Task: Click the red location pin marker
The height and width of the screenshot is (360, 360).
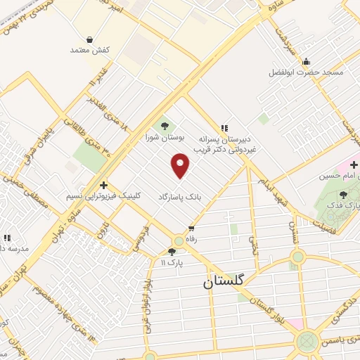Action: coord(181,166)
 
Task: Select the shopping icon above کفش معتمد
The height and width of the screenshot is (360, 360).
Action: coord(89,39)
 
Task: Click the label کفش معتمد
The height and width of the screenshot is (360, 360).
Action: coord(87,51)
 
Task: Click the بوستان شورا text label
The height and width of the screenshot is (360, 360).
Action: coord(164,139)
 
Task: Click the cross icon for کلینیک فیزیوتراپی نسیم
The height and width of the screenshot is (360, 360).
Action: coord(103,184)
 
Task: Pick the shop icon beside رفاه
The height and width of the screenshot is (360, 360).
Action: coord(191,228)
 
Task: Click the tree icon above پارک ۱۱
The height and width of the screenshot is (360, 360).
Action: coord(172,252)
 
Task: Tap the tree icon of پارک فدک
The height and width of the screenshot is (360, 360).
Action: coord(343,195)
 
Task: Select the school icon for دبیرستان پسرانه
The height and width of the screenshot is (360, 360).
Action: coord(224,128)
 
